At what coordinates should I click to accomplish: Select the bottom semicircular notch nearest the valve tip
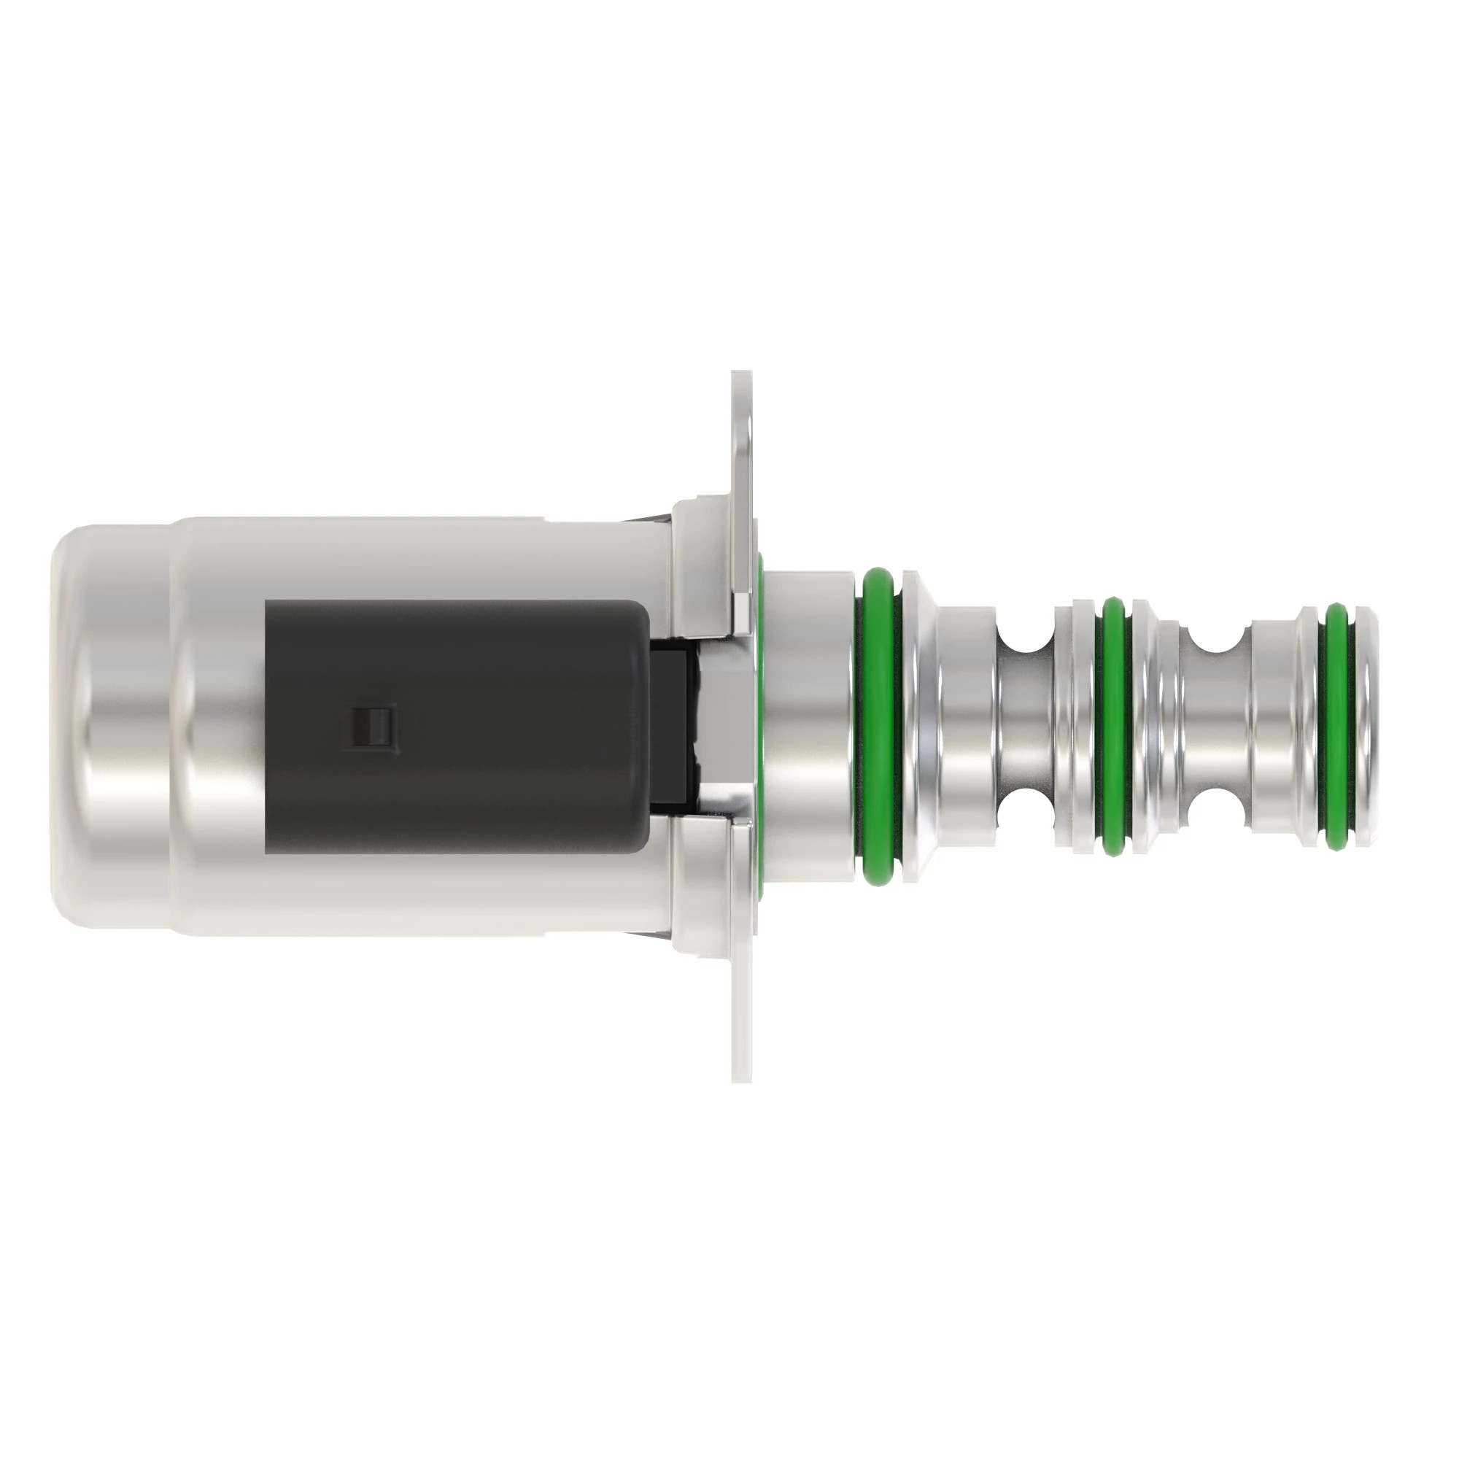[1220, 817]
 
